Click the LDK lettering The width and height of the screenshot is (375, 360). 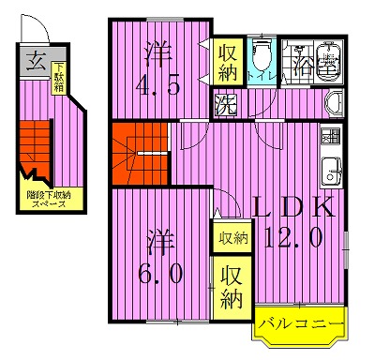tap(292, 207)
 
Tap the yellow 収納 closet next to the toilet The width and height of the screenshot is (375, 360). tap(228, 62)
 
